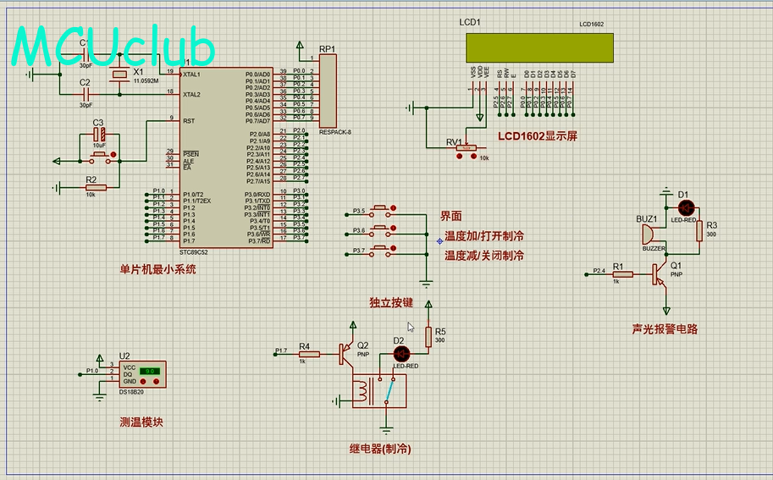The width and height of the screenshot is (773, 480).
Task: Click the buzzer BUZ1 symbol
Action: coord(649,233)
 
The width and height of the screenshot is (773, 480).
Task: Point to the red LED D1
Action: coord(686,208)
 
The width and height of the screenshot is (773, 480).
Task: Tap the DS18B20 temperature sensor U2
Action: coord(142,374)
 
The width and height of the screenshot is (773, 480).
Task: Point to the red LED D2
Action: coord(402,352)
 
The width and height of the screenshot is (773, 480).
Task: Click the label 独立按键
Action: coord(392,302)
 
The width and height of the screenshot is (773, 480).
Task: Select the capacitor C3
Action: coord(99,133)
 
